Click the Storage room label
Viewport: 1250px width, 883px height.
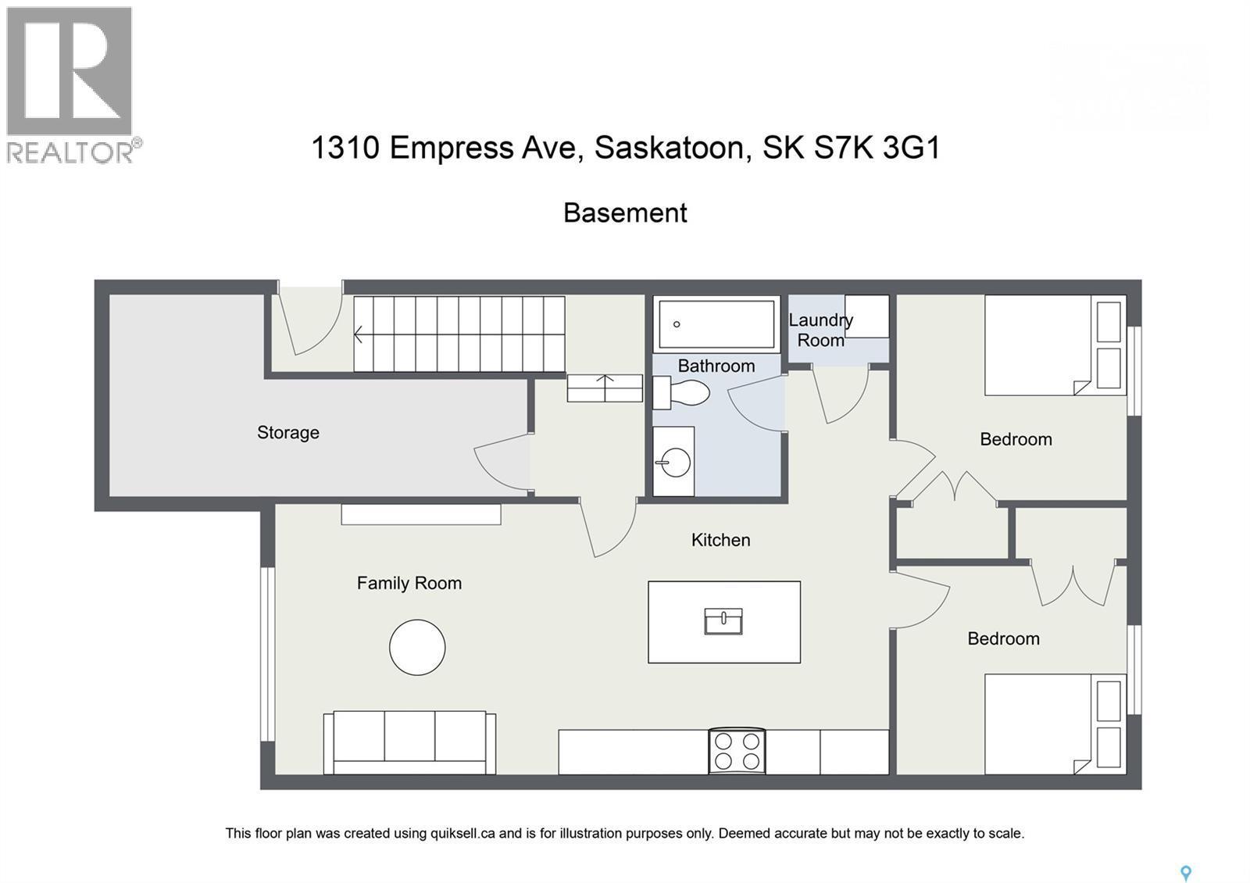[x=287, y=432]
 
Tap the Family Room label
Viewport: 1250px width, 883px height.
[x=409, y=583]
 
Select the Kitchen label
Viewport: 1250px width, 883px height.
[x=720, y=540]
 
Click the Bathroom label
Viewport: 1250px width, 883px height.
[x=716, y=366]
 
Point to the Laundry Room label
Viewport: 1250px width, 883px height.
[x=820, y=330]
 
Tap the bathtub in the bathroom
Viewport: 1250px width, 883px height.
[x=716, y=324]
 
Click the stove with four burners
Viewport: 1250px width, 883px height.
[x=737, y=751]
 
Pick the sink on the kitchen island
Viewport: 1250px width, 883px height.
[x=723, y=621]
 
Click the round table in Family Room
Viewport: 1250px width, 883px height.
[x=417, y=647]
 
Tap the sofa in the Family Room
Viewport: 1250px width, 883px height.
[x=409, y=742]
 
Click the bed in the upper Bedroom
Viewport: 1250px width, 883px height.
[x=1053, y=345]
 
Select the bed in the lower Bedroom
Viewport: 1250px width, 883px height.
[x=1053, y=724]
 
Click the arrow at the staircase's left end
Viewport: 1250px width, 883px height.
[x=359, y=334]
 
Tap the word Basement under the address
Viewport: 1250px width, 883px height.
[x=625, y=213]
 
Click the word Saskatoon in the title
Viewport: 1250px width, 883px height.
[x=669, y=147]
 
